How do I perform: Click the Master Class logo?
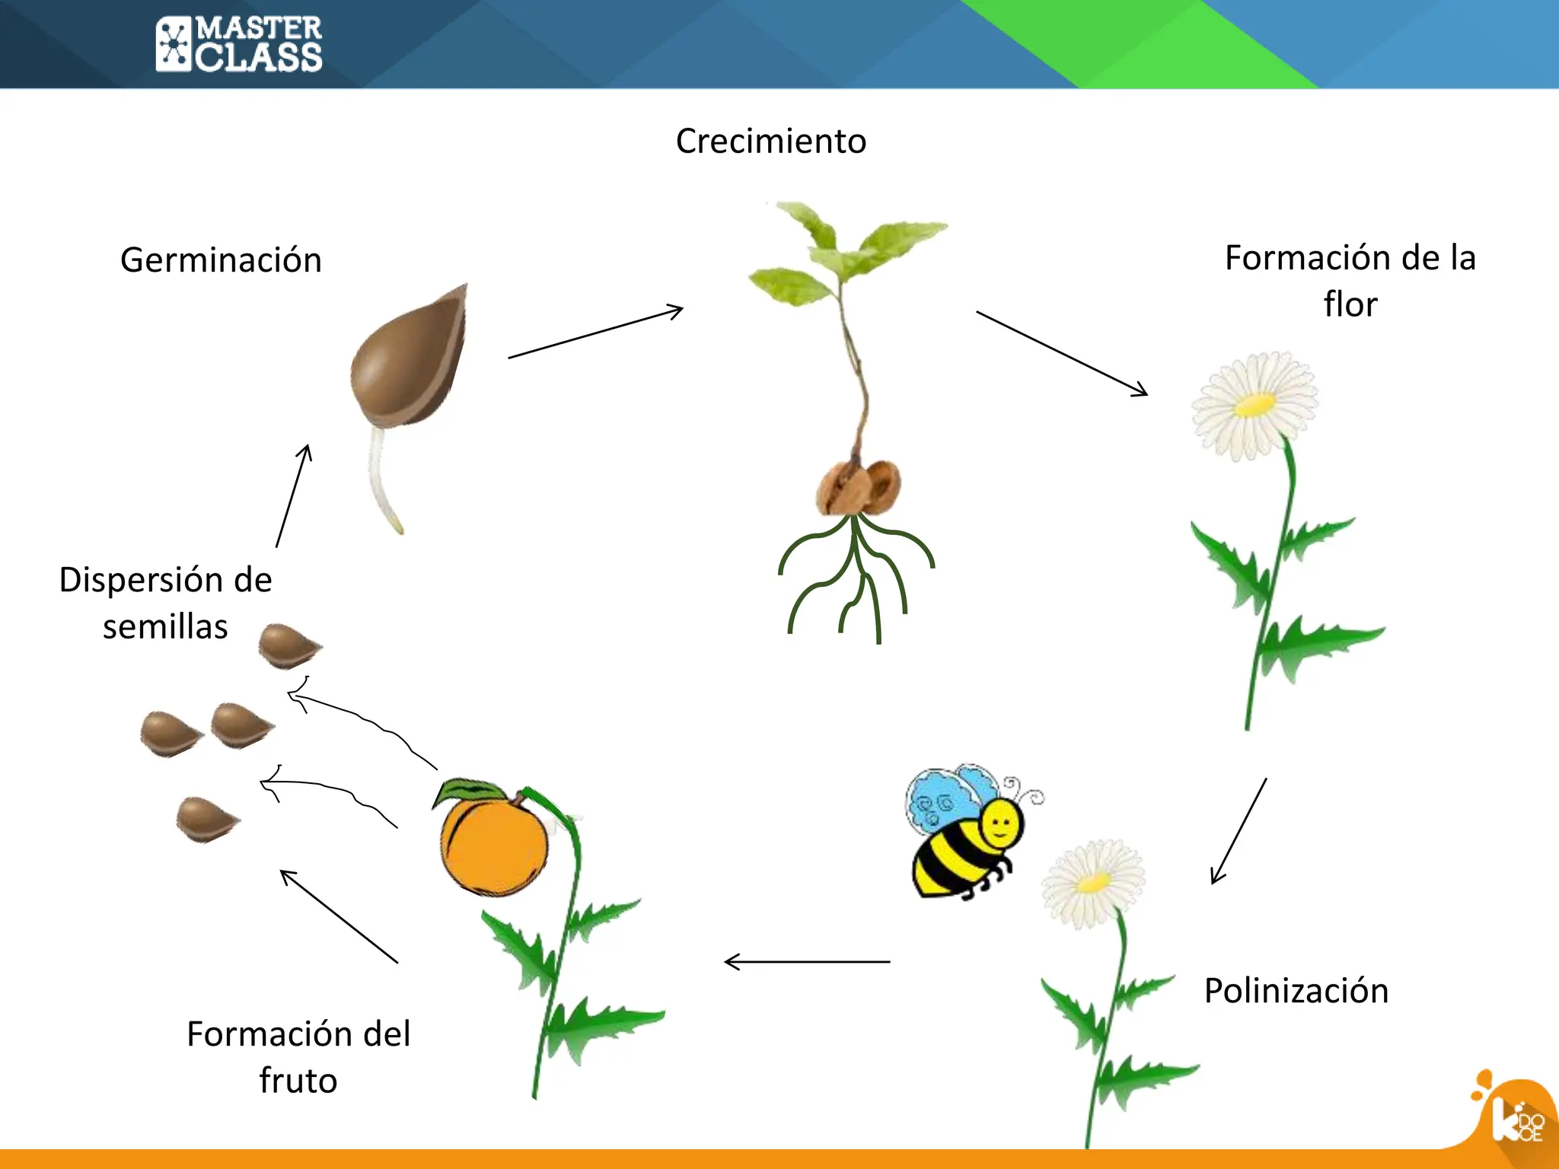[x=239, y=44]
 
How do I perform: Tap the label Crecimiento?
[x=770, y=142]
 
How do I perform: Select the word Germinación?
[x=221, y=260]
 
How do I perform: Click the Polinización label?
[x=1296, y=991]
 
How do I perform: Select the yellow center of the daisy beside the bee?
[x=1093, y=883]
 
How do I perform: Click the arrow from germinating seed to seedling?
[x=595, y=333]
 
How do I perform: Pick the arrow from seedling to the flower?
[x=1062, y=353]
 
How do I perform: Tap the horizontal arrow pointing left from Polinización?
[x=807, y=962]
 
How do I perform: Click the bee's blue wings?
[x=944, y=799]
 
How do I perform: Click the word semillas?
[x=165, y=627]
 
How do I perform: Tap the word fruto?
[x=298, y=1081]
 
